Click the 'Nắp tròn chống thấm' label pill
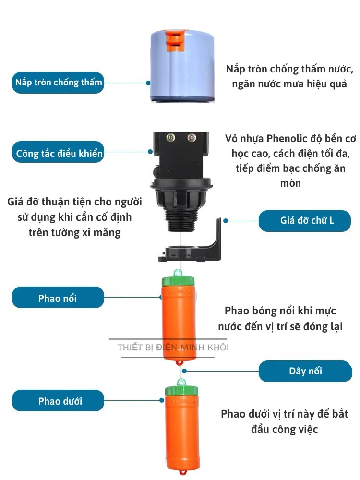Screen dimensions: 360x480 [58, 83]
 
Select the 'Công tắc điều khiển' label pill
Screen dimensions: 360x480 [58, 152]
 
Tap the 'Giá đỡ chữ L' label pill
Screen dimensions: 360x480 [305, 221]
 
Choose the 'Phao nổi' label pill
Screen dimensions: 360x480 [58, 297]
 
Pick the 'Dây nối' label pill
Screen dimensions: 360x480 [305, 371]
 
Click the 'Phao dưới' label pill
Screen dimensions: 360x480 [58, 400]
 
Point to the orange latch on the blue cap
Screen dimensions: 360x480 [175, 40]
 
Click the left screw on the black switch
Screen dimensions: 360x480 [170, 138]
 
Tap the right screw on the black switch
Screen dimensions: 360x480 [192, 137]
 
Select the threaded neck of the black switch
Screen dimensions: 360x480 [182, 220]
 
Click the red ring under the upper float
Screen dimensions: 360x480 [179, 363]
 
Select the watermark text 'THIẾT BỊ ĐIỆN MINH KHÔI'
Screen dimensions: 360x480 [173, 347]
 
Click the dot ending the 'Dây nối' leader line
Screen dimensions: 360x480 [184, 371]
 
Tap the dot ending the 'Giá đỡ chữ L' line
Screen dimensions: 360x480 [226, 221]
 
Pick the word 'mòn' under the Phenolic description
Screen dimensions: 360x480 [290, 184]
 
